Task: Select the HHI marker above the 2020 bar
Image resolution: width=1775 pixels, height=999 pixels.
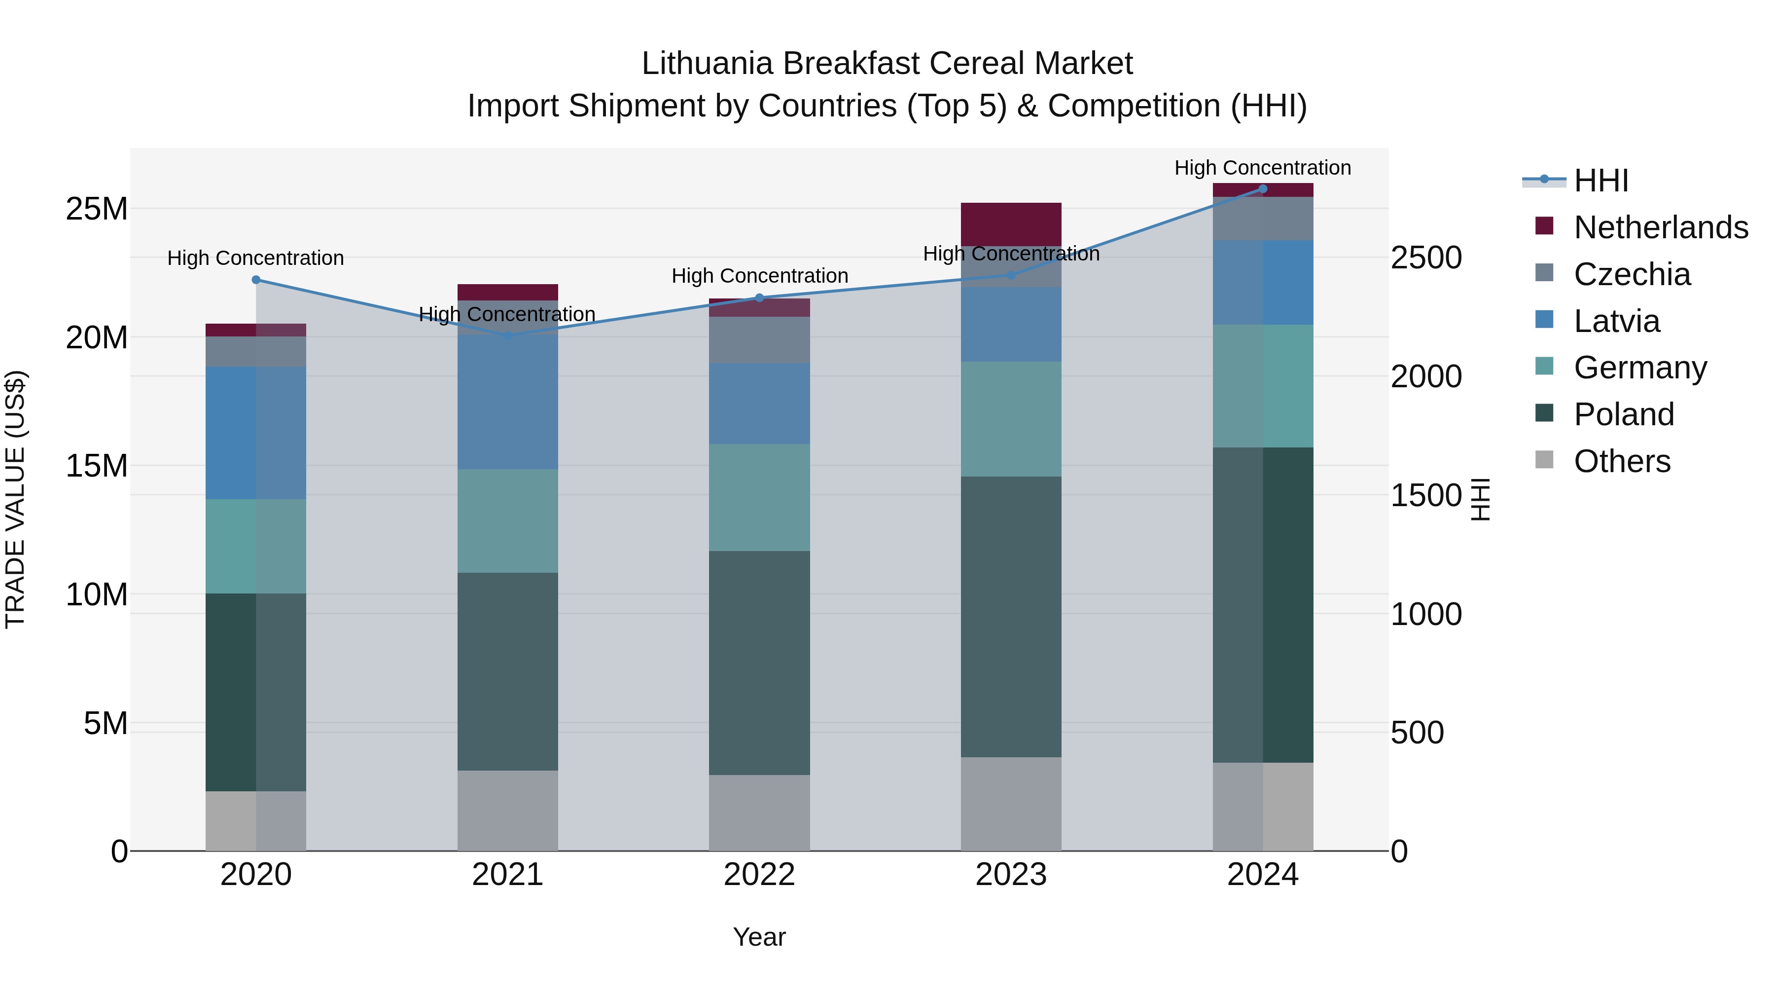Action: (x=255, y=280)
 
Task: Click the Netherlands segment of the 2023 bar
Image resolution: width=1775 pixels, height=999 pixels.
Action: (x=1011, y=224)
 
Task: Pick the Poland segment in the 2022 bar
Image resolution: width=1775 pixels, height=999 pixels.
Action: (x=759, y=663)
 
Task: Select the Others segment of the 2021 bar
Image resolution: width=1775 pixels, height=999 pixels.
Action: (x=508, y=810)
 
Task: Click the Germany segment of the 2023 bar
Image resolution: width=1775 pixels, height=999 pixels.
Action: (x=1011, y=419)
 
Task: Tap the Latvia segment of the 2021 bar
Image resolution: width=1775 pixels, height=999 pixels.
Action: (x=508, y=402)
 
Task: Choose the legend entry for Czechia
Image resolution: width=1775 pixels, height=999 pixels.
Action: (x=1631, y=274)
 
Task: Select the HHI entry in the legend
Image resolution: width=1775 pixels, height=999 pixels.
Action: (x=1600, y=181)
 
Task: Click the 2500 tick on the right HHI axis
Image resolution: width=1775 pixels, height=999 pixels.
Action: (x=1425, y=258)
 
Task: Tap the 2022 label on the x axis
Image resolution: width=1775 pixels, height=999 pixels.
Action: (x=759, y=875)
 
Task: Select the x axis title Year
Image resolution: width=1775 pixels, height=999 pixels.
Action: (x=759, y=937)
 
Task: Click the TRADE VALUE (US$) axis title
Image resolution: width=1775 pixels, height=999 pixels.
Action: (x=15, y=499)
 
